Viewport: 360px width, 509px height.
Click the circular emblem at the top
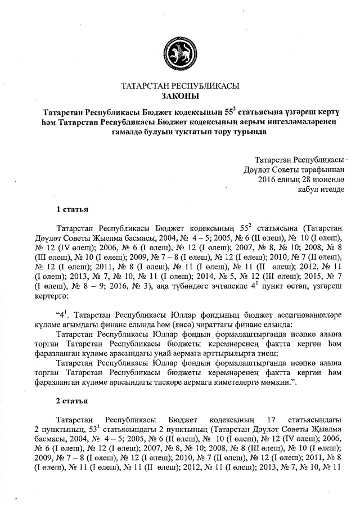pos(180,52)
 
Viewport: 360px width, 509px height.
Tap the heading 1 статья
pos(72,210)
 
